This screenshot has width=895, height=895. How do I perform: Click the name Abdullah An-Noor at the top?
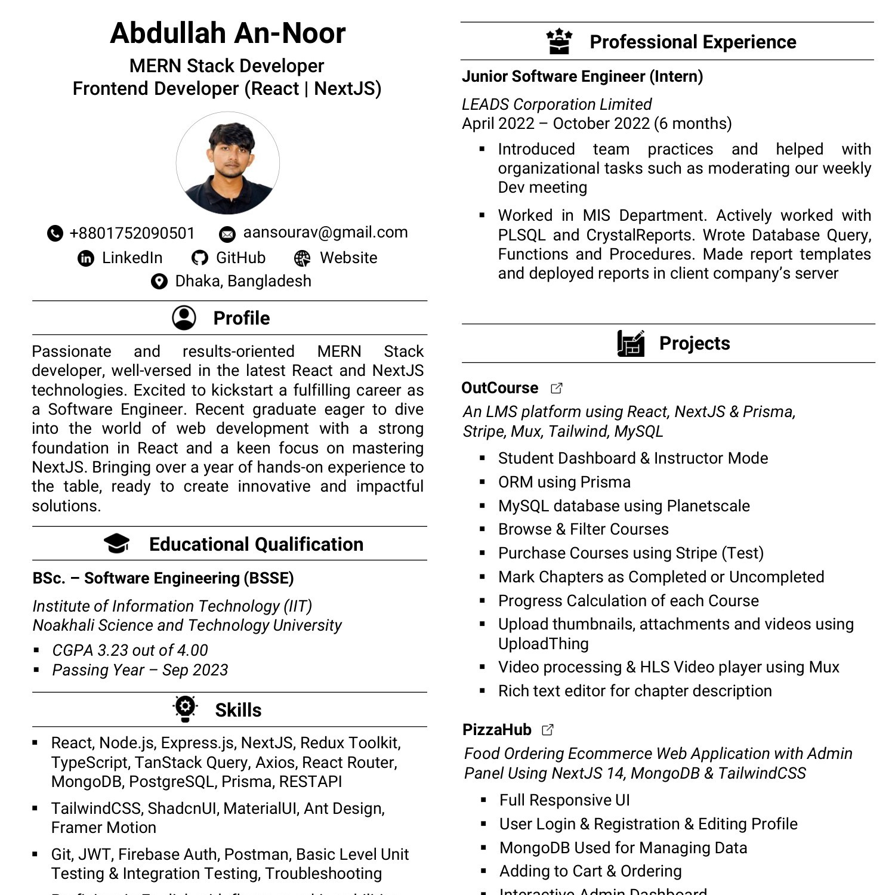point(227,33)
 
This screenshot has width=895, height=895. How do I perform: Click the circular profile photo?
point(228,163)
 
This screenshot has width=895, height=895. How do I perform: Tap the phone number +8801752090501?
point(132,233)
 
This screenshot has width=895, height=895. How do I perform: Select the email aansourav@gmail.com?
point(325,233)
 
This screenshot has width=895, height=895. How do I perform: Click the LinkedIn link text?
point(132,258)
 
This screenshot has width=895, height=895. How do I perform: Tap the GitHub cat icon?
point(199,258)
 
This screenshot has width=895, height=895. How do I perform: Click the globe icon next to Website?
point(303,258)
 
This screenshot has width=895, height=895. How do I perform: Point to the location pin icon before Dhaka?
point(159,281)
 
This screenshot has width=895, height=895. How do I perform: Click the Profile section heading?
point(241,318)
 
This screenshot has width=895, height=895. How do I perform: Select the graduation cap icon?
point(116,544)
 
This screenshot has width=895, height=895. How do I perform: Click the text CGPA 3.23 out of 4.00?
point(130,650)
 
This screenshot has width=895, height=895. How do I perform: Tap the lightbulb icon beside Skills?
point(186,708)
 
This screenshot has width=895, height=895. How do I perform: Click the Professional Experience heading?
point(692,42)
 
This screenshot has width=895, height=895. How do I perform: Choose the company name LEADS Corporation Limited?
point(556,104)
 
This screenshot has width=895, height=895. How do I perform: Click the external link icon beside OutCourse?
point(556,388)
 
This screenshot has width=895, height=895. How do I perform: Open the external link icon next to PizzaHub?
point(548,730)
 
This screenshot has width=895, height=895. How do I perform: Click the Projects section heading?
point(694,344)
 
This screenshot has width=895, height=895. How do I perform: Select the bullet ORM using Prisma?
point(564,482)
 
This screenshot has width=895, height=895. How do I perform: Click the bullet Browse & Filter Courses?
point(583,529)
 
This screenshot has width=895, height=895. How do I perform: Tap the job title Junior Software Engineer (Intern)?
point(582,76)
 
